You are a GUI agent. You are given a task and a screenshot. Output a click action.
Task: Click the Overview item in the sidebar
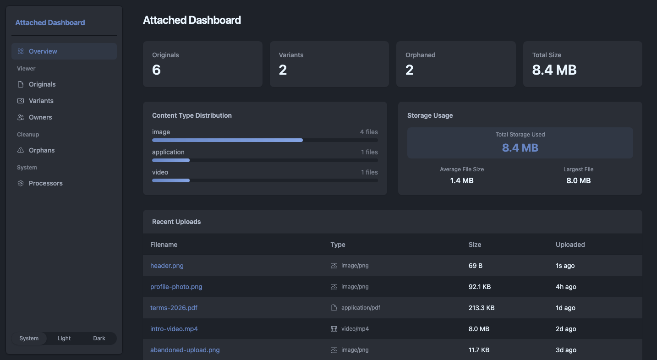(x=64, y=51)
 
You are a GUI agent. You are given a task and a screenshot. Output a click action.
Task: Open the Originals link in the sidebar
(x=42, y=84)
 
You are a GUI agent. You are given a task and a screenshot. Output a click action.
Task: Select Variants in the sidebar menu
(x=41, y=101)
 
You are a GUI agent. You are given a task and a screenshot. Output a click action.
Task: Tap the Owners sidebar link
(x=40, y=117)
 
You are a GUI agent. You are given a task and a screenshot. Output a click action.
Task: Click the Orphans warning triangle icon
(x=21, y=150)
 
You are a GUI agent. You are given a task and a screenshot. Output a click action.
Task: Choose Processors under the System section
(x=45, y=183)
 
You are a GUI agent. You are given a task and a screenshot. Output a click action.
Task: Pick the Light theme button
(x=64, y=338)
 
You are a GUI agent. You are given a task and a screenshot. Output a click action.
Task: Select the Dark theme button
(x=99, y=338)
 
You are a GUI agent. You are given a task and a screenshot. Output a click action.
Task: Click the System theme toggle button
(x=29, y=338)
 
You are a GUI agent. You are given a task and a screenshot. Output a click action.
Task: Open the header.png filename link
(x=167, y=266)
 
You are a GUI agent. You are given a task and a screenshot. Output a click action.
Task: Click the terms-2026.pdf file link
(x=174, y=308)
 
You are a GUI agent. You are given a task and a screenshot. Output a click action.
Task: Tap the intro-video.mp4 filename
(x=174, y=329)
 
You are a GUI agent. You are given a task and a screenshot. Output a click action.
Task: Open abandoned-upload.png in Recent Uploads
(x=185, y=350)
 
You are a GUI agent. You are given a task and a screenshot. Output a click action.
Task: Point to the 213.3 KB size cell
(x=482, y=308)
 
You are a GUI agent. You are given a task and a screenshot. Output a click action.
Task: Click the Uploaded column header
(x=570, y=245)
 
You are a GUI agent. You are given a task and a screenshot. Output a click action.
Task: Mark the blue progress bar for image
(x=227, y=140)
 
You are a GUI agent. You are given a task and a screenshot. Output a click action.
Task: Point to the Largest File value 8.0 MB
(x=578, y=180)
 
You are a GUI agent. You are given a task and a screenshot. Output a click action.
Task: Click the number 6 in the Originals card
(x=156, y=70)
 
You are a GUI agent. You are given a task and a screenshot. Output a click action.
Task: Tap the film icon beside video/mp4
(x=334, y=329)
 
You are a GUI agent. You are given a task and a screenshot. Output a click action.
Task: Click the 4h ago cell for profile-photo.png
(x=566, y=287)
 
